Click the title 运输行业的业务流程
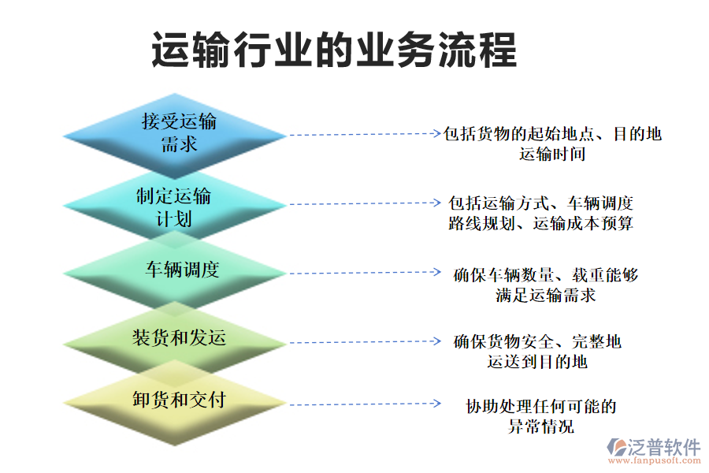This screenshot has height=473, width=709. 334,50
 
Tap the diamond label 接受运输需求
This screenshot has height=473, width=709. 179,132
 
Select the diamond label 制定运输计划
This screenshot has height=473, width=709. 174,207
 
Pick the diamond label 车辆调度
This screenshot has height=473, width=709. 181,270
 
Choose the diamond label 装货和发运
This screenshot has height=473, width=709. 179,338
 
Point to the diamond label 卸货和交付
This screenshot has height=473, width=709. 179,400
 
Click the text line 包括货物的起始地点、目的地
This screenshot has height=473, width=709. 552,134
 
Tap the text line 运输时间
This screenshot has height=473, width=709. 552,154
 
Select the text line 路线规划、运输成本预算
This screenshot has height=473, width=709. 540,223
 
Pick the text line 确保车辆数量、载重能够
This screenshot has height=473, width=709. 546,275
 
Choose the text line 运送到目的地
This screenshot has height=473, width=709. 537,362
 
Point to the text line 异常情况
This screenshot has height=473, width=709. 540,427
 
